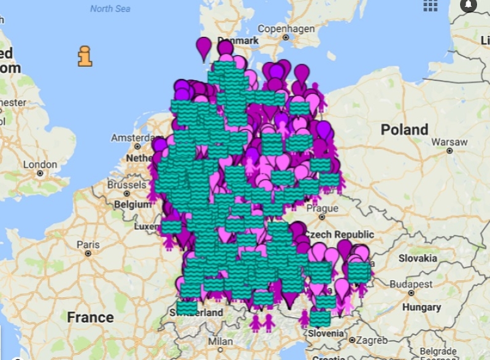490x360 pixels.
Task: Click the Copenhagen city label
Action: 286,29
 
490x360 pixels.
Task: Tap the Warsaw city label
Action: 449,142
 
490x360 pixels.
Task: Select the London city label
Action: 40,164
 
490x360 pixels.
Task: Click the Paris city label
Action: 88,244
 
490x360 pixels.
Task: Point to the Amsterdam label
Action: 131,137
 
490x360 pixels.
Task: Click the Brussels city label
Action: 126,185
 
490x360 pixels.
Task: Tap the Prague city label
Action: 323,208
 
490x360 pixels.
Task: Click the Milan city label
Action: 220,340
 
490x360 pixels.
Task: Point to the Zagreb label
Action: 372,340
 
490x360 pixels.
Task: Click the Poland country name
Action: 404,129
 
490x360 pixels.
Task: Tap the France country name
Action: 90,317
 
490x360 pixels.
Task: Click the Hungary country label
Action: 421,307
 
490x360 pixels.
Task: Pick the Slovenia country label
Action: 326,333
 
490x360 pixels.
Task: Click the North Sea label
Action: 110,9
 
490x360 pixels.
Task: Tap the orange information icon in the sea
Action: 85,56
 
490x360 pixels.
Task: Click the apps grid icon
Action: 431,6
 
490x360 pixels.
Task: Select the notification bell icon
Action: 469,5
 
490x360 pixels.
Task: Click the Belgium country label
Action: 132,204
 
